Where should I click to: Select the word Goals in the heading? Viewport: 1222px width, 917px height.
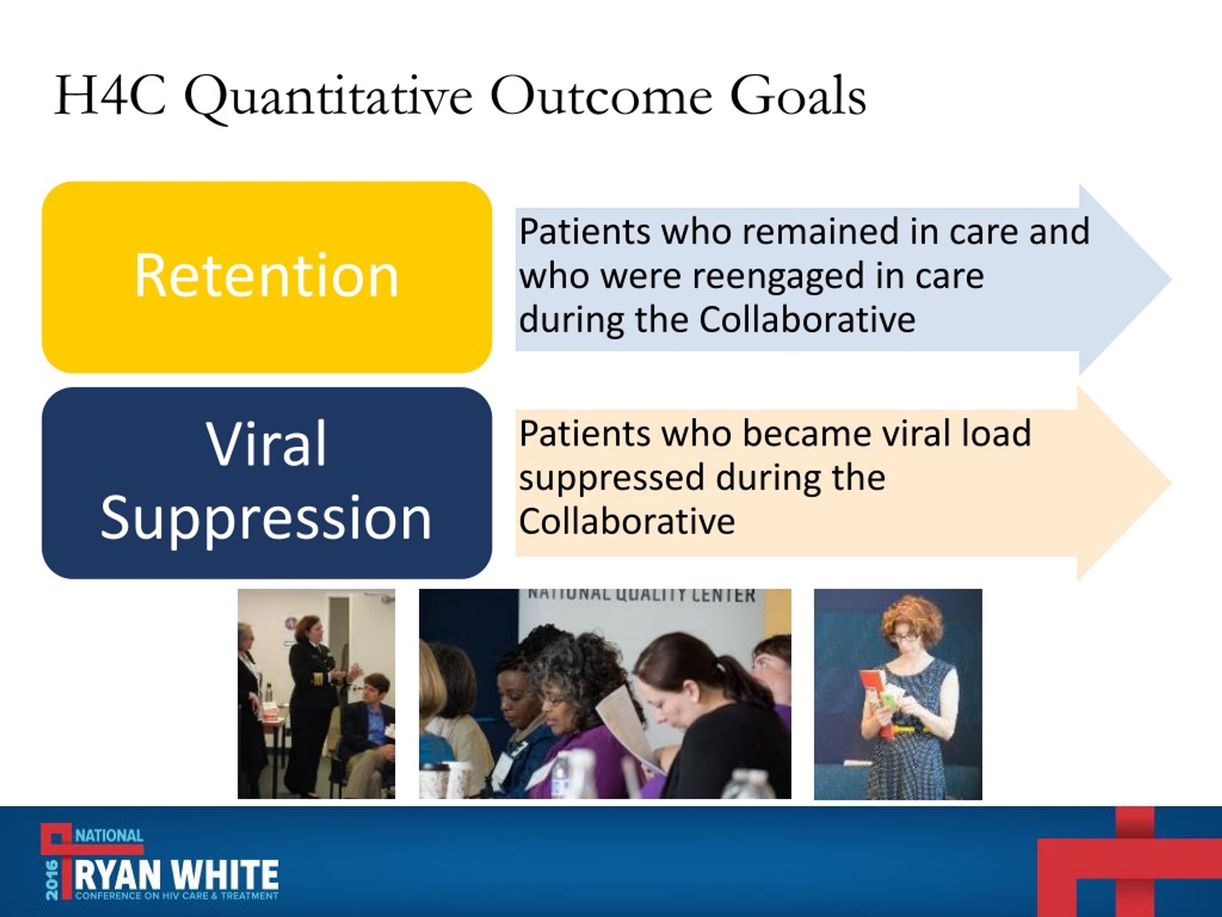(x=798, y=96)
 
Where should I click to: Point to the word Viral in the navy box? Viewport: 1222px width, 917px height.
(x=266, y=444)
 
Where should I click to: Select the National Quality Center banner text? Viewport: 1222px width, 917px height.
(x=641, y=595)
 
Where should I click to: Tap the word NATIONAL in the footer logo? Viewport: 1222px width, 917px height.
(x=109, y=835)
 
